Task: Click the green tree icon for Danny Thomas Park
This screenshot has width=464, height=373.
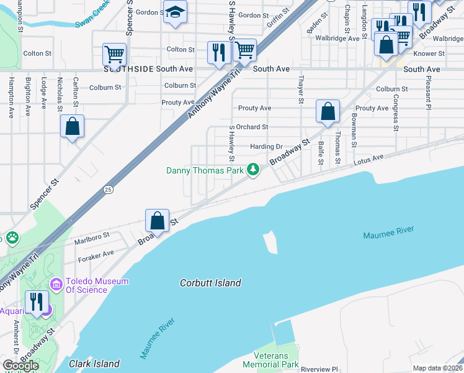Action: [x=253, y=169]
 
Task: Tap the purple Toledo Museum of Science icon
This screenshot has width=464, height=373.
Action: [x=56, y=285]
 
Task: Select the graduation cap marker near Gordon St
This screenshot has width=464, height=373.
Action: [x=176, y=12]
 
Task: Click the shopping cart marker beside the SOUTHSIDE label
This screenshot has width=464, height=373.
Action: [x=115, y=54]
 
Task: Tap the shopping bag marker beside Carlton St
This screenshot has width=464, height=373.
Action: [x=73, y=126]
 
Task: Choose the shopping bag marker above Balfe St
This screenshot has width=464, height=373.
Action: [x=328, y=112]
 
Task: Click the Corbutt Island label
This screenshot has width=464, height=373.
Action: [x=210, y=283]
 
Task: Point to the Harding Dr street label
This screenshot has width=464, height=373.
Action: [x=266, y=147]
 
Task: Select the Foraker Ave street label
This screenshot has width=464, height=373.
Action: [x=96, y=254]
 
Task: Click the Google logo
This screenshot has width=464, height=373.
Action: [x=21, y=366]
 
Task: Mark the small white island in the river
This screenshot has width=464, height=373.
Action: [x=270, y=242]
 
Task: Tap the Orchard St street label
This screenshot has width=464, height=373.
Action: [x=252, y=127]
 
